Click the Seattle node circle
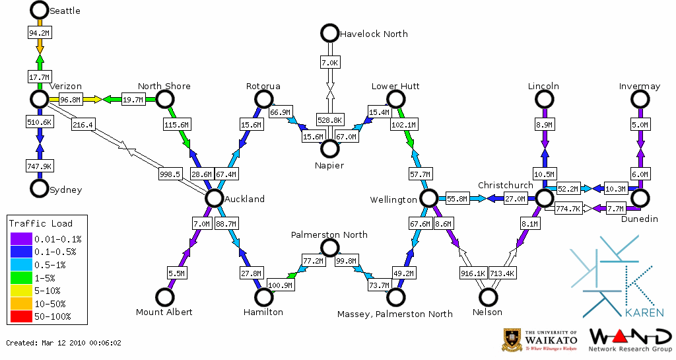40,10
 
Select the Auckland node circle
214,198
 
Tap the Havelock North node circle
329,32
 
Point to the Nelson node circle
488,297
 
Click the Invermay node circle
640,99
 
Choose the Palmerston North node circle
329,248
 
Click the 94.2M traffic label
40,32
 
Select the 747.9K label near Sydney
40,165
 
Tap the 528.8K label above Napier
329,120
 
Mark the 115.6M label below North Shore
177,124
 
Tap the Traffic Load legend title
41,223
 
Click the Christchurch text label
505,185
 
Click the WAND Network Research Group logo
629,340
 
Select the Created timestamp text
63,343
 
